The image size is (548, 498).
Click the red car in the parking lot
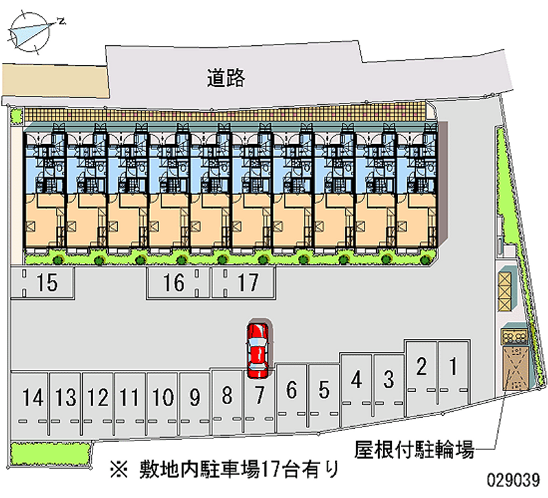coord(258,349)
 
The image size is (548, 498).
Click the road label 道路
coord(227,79)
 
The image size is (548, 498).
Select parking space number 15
coord(42,282)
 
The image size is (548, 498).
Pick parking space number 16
coord(175,282)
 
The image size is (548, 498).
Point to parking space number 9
coord(195,401)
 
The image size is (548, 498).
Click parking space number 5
coord(324,394)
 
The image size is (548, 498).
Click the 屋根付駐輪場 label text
coord(414,450)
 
